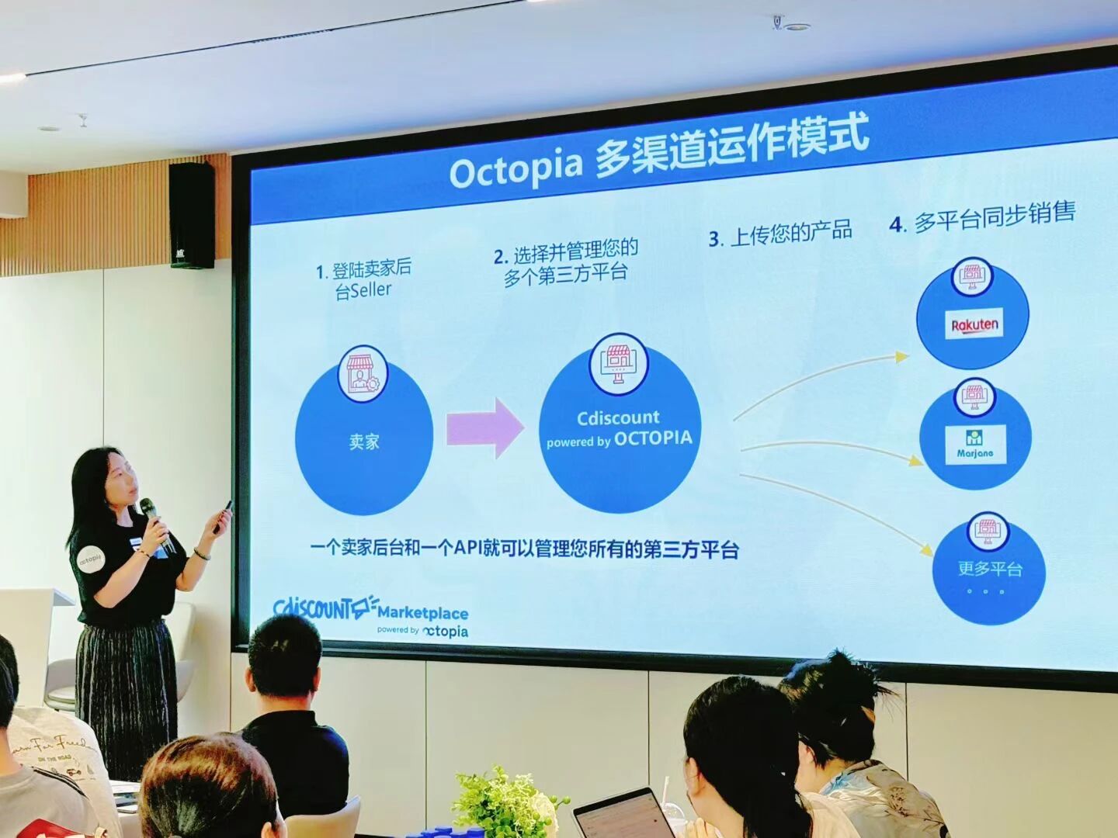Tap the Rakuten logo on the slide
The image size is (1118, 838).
click(x=974, y=324)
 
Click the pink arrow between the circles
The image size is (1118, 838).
click(x=485, y=428)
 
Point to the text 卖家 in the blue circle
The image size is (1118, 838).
click(x=364, y=442)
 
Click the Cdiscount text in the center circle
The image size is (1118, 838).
click(x=618, y=418)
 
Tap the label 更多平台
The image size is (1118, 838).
click(x=989, y=568)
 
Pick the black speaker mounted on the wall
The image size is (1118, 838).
click(x=192, y=215)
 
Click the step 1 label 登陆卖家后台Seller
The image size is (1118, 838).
click(x=364, y=279)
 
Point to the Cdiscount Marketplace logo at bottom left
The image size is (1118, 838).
click(x=370, y=614)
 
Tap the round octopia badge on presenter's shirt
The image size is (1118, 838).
click(x=90, y=558)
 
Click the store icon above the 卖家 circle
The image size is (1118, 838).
click(x=362, y=372)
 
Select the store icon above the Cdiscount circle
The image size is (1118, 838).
click(x=618, y=362)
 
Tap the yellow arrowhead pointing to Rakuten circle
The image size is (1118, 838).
click(x=901, y=357)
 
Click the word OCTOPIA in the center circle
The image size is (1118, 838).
click(x=652, y=438)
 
